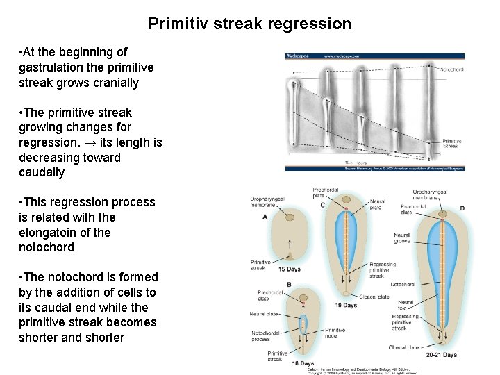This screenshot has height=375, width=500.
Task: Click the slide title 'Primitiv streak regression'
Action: (x=250, y=24)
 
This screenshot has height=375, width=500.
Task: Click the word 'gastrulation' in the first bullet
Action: (x=55, y=67)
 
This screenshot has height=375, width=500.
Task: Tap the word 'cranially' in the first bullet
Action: (x=114, y=83)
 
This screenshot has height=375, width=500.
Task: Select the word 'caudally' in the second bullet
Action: (x=42, y=172)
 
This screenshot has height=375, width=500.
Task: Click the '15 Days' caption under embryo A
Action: (x=290, y=269)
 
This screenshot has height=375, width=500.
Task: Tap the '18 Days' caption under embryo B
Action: (x=302, y=364)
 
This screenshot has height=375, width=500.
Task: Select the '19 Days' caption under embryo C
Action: (x=346, y=306)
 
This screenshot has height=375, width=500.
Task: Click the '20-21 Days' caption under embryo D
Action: (x=442, y=355)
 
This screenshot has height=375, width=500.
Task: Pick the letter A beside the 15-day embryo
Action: (x=265, y=217)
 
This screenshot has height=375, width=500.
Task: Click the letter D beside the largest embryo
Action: (x=462, y=208)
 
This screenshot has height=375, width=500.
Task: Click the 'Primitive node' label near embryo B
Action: (x=335, y=333)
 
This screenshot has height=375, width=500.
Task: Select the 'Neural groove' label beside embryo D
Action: (x=402, y=239)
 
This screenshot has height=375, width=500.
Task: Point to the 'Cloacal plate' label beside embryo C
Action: (x=374, y=297)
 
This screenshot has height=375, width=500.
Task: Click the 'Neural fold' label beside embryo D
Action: (x=406, y=306)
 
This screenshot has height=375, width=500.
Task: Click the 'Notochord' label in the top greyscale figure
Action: (x=452, y=69)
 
